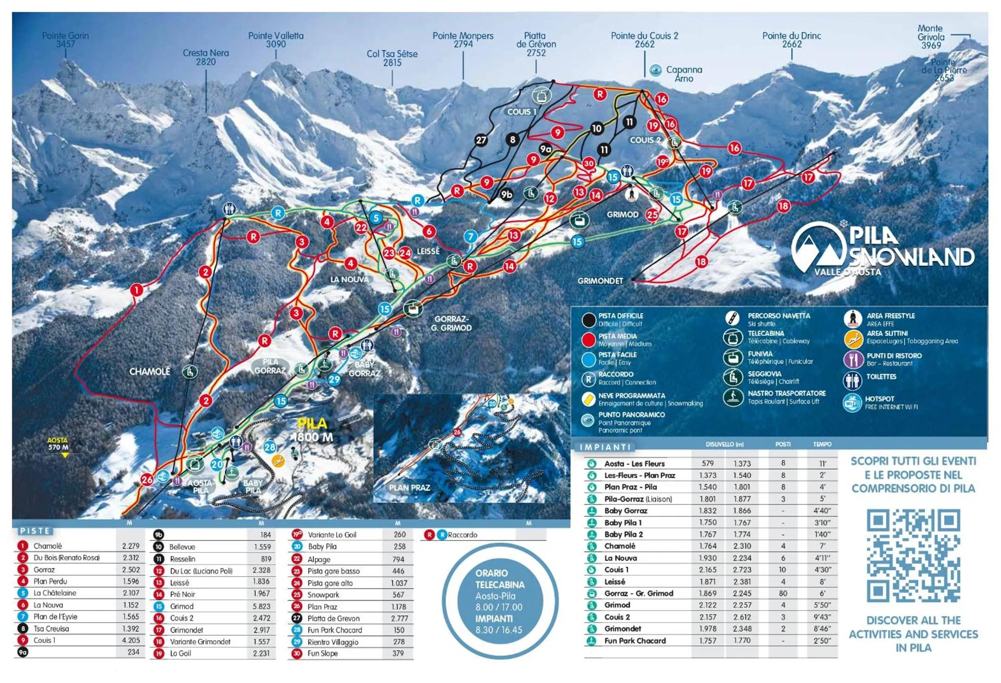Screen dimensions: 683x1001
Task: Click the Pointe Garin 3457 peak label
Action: point(65,40)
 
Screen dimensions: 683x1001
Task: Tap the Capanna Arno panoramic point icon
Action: point(655,70)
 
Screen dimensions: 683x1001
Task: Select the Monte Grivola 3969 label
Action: point(931,37)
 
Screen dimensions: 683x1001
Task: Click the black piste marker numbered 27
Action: point(481,140)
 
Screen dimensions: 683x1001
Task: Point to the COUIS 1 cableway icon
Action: point(541,96)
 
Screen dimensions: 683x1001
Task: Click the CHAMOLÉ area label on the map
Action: point(150,372)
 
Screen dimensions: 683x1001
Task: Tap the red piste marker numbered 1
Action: point(137,290)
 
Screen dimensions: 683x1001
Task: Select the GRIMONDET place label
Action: point(600,281)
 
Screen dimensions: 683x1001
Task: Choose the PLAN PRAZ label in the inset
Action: point(409,487)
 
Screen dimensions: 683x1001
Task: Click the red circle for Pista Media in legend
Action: point(589,340)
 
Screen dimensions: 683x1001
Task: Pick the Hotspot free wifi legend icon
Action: point(852,402)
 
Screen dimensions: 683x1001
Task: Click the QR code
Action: point(913,555)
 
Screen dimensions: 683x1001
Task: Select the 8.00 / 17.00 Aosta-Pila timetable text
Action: point(498,607)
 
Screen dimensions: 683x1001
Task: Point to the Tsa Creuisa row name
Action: point(51,629)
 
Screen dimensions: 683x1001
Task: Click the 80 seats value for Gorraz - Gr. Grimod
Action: point(783,593)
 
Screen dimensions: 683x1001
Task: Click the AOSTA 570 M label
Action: point(58,444)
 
